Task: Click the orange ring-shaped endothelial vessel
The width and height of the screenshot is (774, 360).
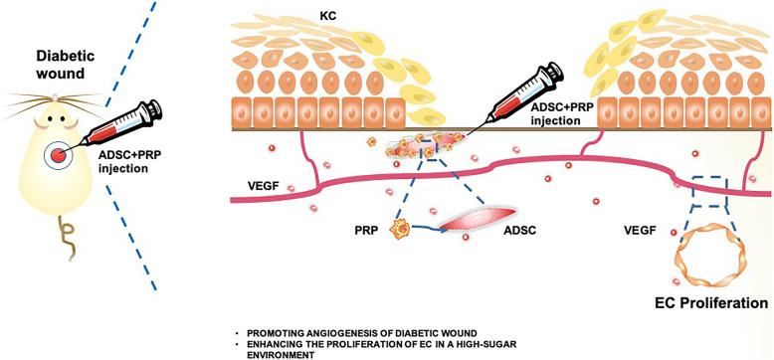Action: coord(706,257)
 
